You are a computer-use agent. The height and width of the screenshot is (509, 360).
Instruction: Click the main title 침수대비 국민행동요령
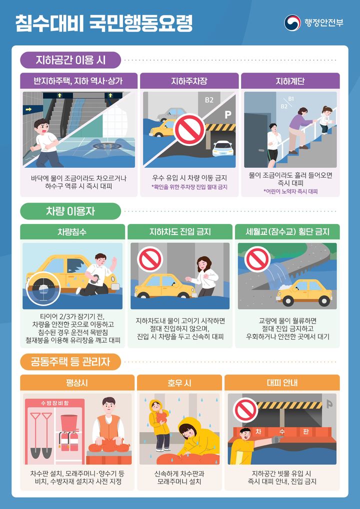(x=103, y=23)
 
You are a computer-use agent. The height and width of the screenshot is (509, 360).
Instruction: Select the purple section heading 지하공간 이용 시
(x=70, y=61)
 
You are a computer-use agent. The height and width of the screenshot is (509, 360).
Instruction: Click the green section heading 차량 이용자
(x=70, y=211)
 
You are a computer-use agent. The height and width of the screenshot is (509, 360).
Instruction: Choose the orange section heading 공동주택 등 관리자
(x=70, y=360)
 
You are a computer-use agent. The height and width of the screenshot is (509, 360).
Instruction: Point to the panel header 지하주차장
(x=189, y=81)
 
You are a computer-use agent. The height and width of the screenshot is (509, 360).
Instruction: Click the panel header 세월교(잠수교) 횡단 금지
(x=287, y=232)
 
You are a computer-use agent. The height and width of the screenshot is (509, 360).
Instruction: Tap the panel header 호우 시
(x=179, y=383)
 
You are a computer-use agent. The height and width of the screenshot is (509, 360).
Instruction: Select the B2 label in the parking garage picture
(x=209, y=100)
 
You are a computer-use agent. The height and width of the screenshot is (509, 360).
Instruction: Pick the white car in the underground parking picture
(x=223, y=147)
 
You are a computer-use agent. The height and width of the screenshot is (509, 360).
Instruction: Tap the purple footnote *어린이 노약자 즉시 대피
(x=290, y=191)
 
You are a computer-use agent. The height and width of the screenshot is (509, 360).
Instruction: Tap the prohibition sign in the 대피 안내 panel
(x=245, y=409)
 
